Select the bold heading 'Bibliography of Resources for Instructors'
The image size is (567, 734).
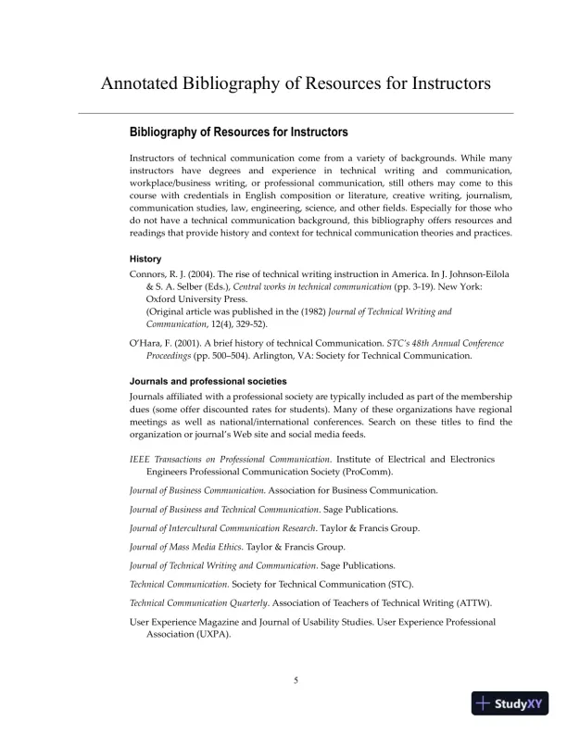(x=238, y=133)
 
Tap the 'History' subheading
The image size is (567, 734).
(x=145, y=259)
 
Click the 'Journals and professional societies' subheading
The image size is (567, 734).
(x=208, y=381)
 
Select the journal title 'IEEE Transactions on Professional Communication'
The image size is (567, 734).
(x=230, y=460)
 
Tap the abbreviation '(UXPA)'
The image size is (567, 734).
(x=209, y=636)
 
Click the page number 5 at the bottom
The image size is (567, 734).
(x=296, y=681)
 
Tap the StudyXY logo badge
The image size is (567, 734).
(x=508, y=703)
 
